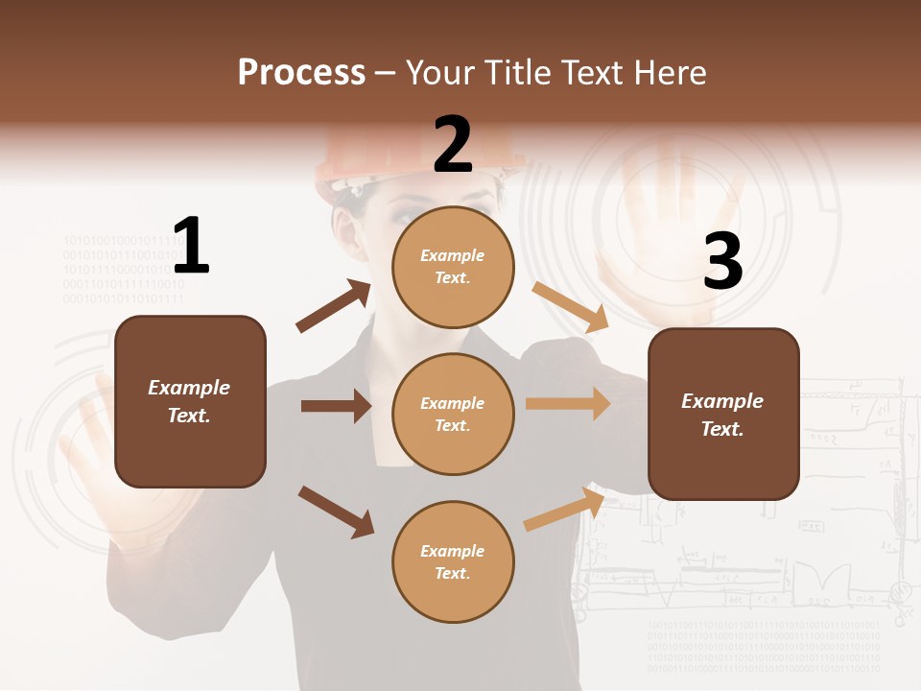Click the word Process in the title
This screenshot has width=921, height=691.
[301, 73]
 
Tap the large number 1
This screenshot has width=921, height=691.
[191, 246]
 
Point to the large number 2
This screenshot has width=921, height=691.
[453, 145]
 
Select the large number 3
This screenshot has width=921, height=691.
[722, 262]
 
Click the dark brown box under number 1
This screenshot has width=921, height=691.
[190, 401]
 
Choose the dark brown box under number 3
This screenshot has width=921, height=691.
[723, 414]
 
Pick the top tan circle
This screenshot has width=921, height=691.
[453, 267]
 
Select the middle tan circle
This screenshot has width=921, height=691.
[453, 414]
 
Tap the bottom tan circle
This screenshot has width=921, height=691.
[453, 561]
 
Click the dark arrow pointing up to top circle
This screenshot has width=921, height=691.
[334, 306]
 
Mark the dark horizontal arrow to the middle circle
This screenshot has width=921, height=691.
[336, 406]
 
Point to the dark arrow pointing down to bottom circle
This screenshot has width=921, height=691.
[336, 511]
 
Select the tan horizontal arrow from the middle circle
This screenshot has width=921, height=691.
[568, 404]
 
